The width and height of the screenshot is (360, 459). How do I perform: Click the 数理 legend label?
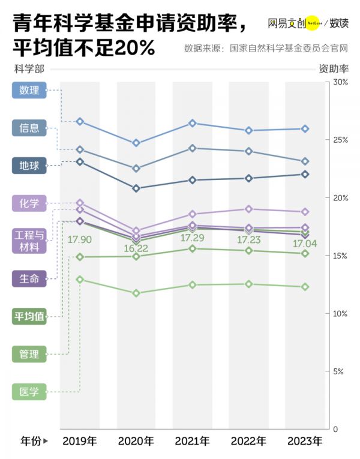[29, 91]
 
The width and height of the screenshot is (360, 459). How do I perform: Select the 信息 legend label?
[29, 127]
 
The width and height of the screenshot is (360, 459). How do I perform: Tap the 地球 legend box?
[29, 165]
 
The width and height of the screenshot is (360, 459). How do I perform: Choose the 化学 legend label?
[29, 203]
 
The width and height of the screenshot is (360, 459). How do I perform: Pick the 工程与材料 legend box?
[29, 241]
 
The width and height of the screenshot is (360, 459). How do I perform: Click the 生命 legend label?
[29, 278]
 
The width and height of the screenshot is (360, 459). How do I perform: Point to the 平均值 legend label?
[29, 316]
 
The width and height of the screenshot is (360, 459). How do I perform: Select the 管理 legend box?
[29, 354]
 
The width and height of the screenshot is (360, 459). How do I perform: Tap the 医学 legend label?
[29, 392]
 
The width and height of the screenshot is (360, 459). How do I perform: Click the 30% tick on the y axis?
[340, 82]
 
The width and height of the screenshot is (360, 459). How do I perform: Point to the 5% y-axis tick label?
[338, 372]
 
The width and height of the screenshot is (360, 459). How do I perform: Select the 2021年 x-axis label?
[192, 442]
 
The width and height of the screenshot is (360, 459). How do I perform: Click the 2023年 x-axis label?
[305, 442]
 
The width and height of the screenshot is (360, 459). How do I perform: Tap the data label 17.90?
[79, 239]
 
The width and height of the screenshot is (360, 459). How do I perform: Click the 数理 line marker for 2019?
[80, 121]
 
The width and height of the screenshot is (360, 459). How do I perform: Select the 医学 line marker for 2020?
[136, 293]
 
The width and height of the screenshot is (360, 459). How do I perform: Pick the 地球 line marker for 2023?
[305, 174]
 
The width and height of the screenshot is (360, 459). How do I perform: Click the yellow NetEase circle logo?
[313, 24]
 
